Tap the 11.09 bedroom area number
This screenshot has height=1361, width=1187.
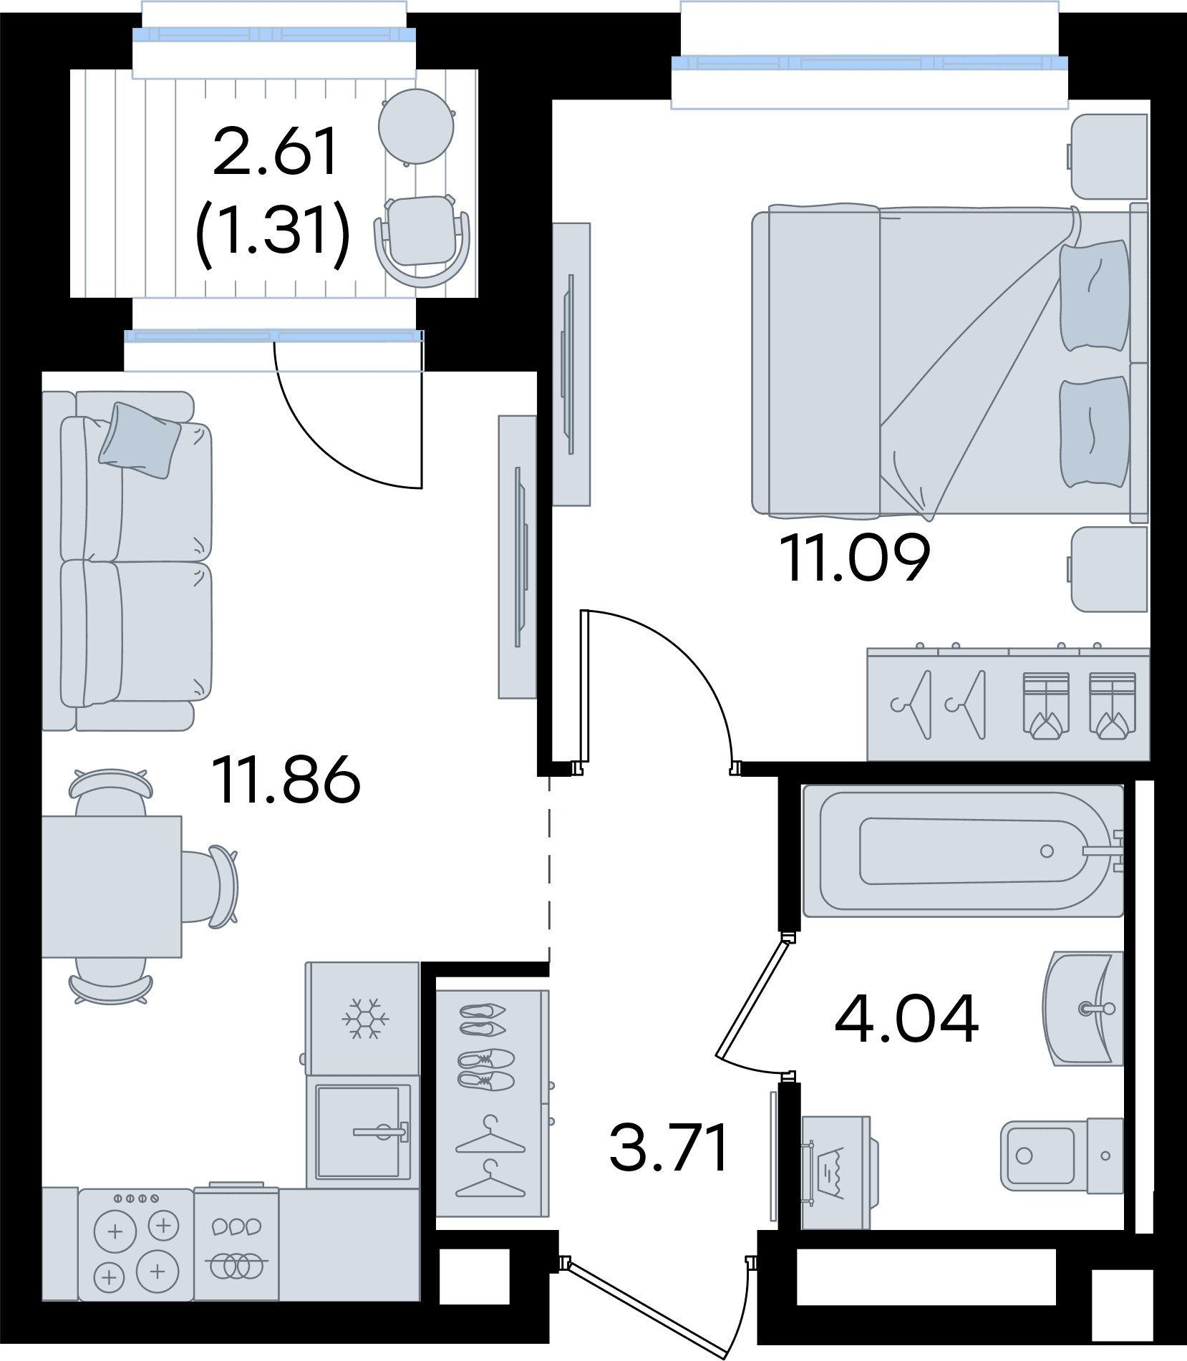855,557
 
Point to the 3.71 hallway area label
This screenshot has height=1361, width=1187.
669,1147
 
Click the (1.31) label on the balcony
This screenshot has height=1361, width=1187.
273,230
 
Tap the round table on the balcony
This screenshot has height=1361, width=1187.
416,127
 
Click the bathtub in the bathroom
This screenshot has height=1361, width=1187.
963,851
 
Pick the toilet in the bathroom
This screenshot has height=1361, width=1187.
1062,1156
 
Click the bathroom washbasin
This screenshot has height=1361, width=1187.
1083,1008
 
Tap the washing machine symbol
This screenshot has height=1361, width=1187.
835,1172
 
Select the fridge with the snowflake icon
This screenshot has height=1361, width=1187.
363,1018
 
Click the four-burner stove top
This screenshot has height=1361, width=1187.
136,1245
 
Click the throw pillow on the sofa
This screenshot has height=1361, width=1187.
140,440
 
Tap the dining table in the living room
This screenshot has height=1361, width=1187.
112,886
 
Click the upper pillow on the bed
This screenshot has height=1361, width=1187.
1093,296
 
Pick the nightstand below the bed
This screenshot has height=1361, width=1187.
1109,570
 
